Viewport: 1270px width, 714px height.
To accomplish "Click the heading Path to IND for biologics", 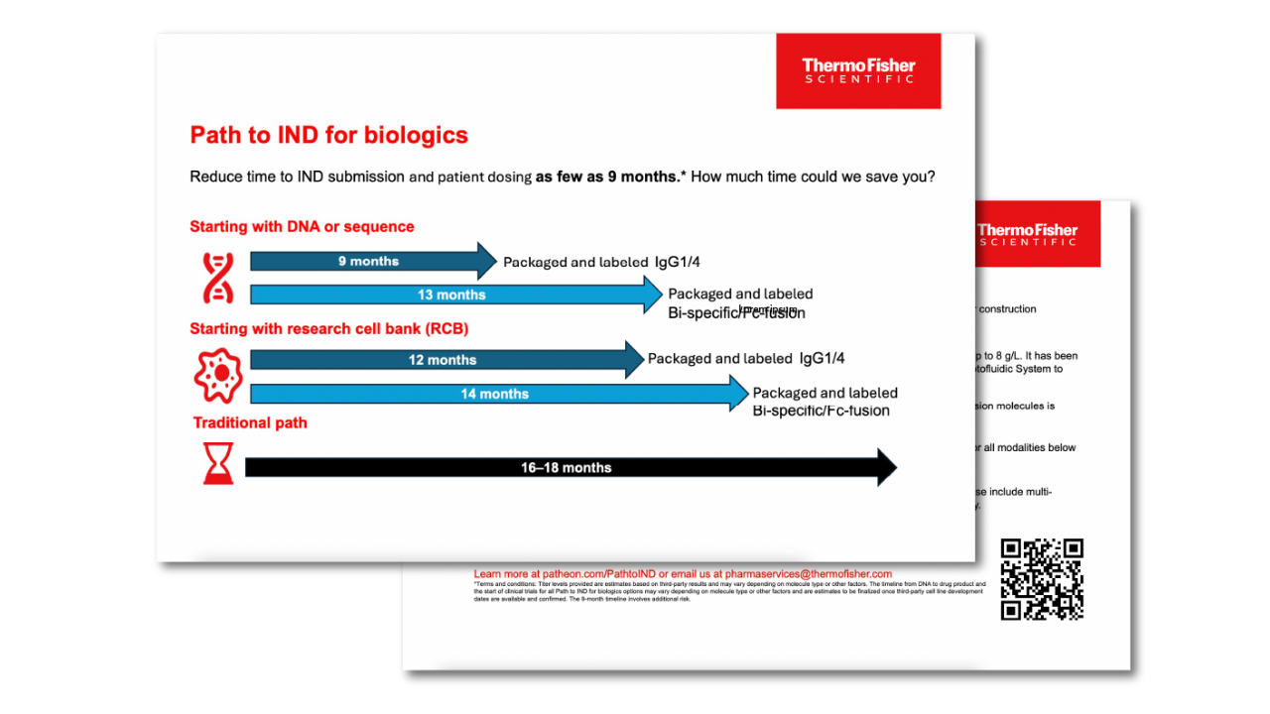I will pos(328,135).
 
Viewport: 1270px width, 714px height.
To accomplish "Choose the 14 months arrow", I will pos(497,394).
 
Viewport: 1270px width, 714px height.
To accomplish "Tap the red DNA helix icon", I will pos(217,278).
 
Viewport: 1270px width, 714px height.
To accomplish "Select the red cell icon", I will pos(217,375).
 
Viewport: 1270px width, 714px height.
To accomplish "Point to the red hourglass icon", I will pos(218,463).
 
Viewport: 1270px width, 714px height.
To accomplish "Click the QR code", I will pos(1041,579).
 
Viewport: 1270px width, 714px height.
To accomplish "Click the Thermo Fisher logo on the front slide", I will pos(858,71).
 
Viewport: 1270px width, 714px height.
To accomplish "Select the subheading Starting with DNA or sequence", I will pos(302,227).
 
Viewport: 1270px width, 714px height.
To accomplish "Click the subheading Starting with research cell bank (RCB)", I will pos(328,328).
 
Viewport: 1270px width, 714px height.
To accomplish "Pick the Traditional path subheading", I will pos(250,422).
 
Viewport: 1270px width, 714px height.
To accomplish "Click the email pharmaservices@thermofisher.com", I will pos(809,574).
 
